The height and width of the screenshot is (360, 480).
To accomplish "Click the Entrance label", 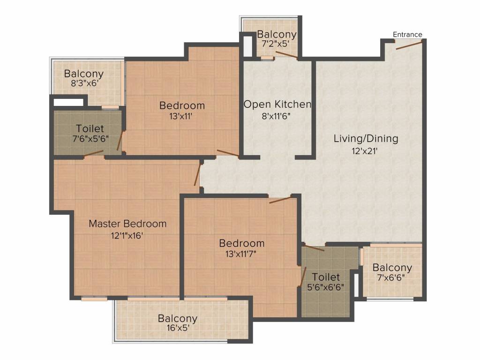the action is click(x=407, y=34).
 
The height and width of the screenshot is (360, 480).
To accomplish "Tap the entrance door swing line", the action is click(x=409, y=45).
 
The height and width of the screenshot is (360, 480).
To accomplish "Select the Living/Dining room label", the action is click(x=366, y=139).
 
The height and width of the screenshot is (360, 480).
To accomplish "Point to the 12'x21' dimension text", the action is click(x=364, y=151).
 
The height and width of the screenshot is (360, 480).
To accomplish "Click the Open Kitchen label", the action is click(x=277, y=105).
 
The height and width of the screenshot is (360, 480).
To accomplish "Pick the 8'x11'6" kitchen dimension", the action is click(x=276, y=116).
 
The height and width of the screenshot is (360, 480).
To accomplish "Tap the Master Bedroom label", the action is click(x=127, y=224).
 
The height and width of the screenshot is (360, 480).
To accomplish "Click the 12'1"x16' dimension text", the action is click(x=127, y=235).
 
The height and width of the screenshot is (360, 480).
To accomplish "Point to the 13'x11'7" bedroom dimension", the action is click(x=241, y=254).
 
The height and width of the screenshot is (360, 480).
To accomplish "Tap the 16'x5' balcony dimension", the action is click(x=178, y=328).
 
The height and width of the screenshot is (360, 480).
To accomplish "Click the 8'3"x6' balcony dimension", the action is click(x=84, y=83).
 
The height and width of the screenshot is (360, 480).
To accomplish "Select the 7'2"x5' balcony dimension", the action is click(x=276, y=44).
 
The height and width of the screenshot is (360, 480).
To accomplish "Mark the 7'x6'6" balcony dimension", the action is click(x=391, y=277).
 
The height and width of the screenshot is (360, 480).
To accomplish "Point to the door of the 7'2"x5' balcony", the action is click(x=286, y=54).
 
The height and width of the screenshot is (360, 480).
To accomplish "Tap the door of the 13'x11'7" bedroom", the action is click(x=280, y=200).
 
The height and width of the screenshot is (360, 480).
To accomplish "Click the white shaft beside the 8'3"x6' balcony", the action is click(x=68, y=102).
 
